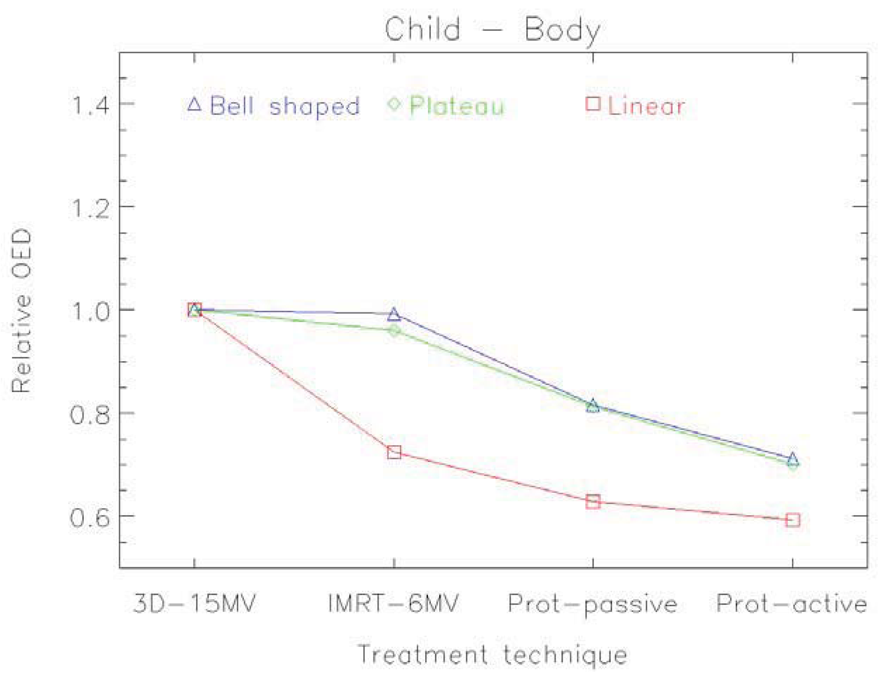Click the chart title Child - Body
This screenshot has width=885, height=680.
point(492,29)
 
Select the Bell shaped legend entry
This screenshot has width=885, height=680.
point(273,106)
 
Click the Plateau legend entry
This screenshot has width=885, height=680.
point(446,106)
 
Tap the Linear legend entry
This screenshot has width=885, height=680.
point(635,106)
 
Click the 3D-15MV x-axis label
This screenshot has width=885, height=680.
point(195,603)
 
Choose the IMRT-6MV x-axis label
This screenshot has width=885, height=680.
point(394,603)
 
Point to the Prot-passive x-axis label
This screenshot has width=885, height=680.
point(593,604)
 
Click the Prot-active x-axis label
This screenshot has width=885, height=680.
point(792,603)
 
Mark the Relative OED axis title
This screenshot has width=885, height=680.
point(22,311)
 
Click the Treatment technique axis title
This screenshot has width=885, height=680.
point(492,654)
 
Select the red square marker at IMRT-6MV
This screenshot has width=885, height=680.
point(394,452)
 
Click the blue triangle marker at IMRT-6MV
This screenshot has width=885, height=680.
point(394,314)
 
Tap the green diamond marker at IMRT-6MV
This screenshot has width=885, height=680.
point(394,330)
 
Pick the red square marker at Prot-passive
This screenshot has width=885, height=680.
point(593,502)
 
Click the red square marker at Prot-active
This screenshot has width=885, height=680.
point(792,520)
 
